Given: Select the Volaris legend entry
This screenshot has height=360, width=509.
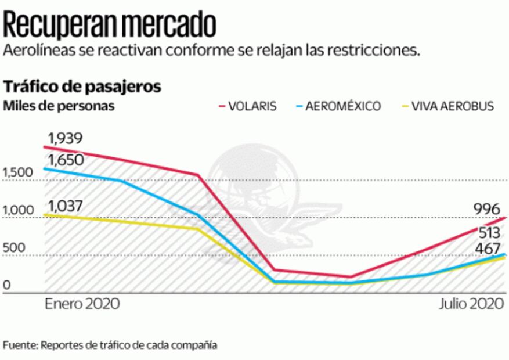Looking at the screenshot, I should [x=247, y=106].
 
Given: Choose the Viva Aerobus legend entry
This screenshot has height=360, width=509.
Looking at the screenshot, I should [x=447, y=106].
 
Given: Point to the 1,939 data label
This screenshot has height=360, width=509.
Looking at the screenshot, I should [x=65, y=138].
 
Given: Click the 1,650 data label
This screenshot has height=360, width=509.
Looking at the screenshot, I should [x=65, y=160].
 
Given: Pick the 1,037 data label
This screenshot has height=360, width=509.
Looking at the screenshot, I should [x=65, y=206].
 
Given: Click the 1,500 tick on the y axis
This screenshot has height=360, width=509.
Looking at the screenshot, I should [x=17, y=172].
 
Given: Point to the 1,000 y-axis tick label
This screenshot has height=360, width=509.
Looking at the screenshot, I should [x=17, y=210].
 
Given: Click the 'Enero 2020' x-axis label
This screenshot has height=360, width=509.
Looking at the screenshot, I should [x=82, y=304].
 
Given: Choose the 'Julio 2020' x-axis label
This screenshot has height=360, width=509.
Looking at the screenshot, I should [x=471, y=304].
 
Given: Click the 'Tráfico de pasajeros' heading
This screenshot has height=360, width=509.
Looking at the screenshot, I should [x=82, y=87].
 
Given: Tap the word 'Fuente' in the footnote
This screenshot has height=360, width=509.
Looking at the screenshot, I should [x=19, y=345].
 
